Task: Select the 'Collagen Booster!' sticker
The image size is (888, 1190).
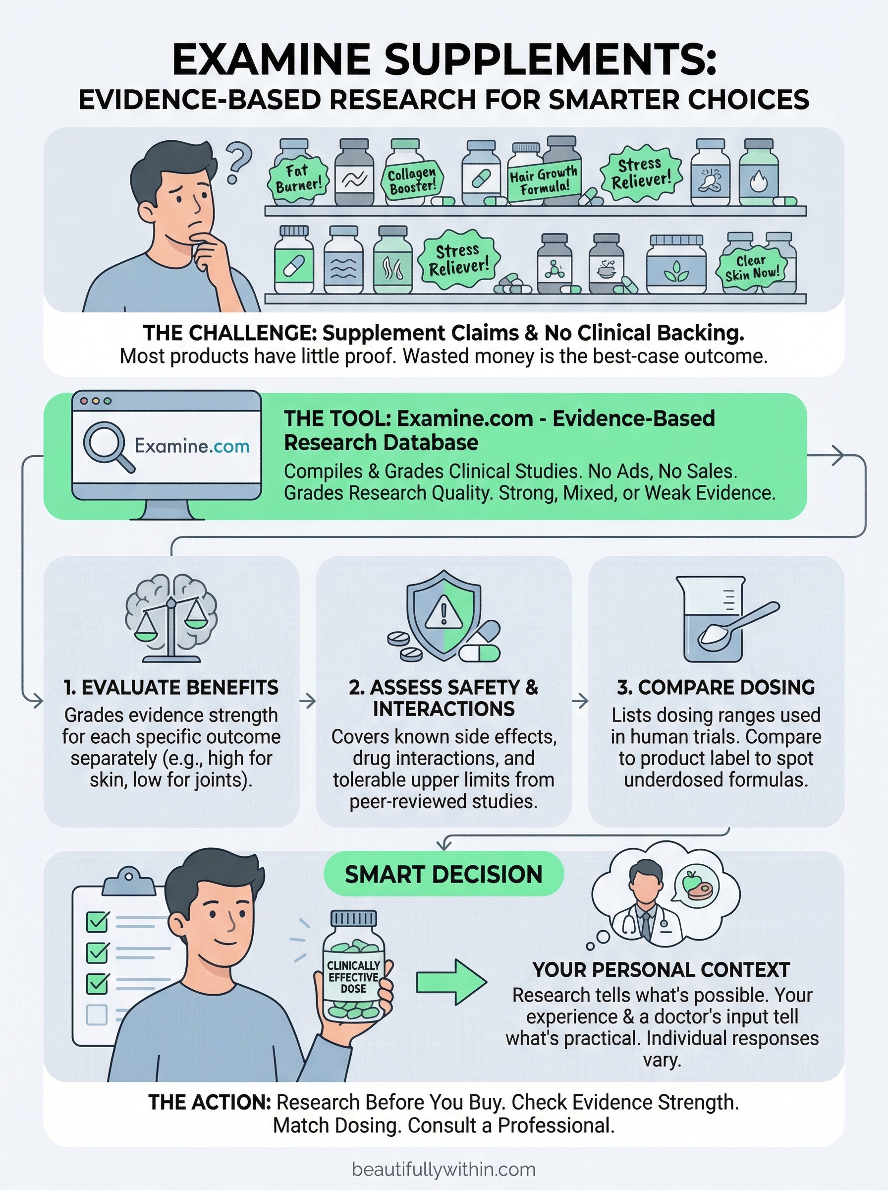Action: pos(412,180)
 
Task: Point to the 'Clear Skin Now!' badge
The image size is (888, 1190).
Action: pos(751,267)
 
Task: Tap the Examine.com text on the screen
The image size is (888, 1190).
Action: pos(192,446)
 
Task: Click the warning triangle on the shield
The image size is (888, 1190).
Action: pos(444,615)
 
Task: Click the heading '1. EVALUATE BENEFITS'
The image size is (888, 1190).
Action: pos(171,687)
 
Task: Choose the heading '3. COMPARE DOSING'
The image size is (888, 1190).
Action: pos(716,687)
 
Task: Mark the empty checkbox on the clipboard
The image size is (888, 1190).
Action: pos(97,1015)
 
